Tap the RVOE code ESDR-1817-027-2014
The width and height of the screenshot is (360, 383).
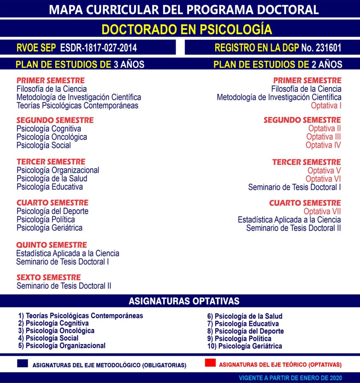click(x=98, y=48)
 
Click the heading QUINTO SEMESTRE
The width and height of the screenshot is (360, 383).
click(x=52, y=245)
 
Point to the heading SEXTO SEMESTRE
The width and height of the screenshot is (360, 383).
click(x=49, y=278)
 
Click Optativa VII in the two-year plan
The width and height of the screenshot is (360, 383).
click(x=322, y=212)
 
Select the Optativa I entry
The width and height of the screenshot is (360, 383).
click(x=326, y=105)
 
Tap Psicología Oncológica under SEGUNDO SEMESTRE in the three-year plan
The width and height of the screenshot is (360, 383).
click(x=52, y=137)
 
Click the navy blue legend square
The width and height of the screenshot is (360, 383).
click(x=22, y=364)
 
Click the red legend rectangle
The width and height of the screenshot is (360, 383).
click(x=210, y=363)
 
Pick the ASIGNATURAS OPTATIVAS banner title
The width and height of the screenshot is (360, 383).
click(x=184, y=301)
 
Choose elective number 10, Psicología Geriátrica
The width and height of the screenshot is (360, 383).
click(x=244, y=346)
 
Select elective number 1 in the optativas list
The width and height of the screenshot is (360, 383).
click(x=80, y=316)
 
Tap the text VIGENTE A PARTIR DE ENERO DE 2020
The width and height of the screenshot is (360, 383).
click(x=290, y=378)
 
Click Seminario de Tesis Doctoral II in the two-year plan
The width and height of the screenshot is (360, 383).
click(x=293, y=228)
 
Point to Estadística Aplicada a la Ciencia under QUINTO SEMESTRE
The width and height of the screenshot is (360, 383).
click(x=68, y=253)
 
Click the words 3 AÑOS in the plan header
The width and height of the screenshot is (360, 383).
click(x=129, y=64)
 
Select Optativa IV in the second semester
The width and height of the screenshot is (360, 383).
click(x=323, y=145)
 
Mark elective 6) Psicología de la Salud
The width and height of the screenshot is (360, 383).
click(x=245, y=316)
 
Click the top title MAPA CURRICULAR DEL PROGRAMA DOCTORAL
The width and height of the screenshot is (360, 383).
click(x=184, y=9)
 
